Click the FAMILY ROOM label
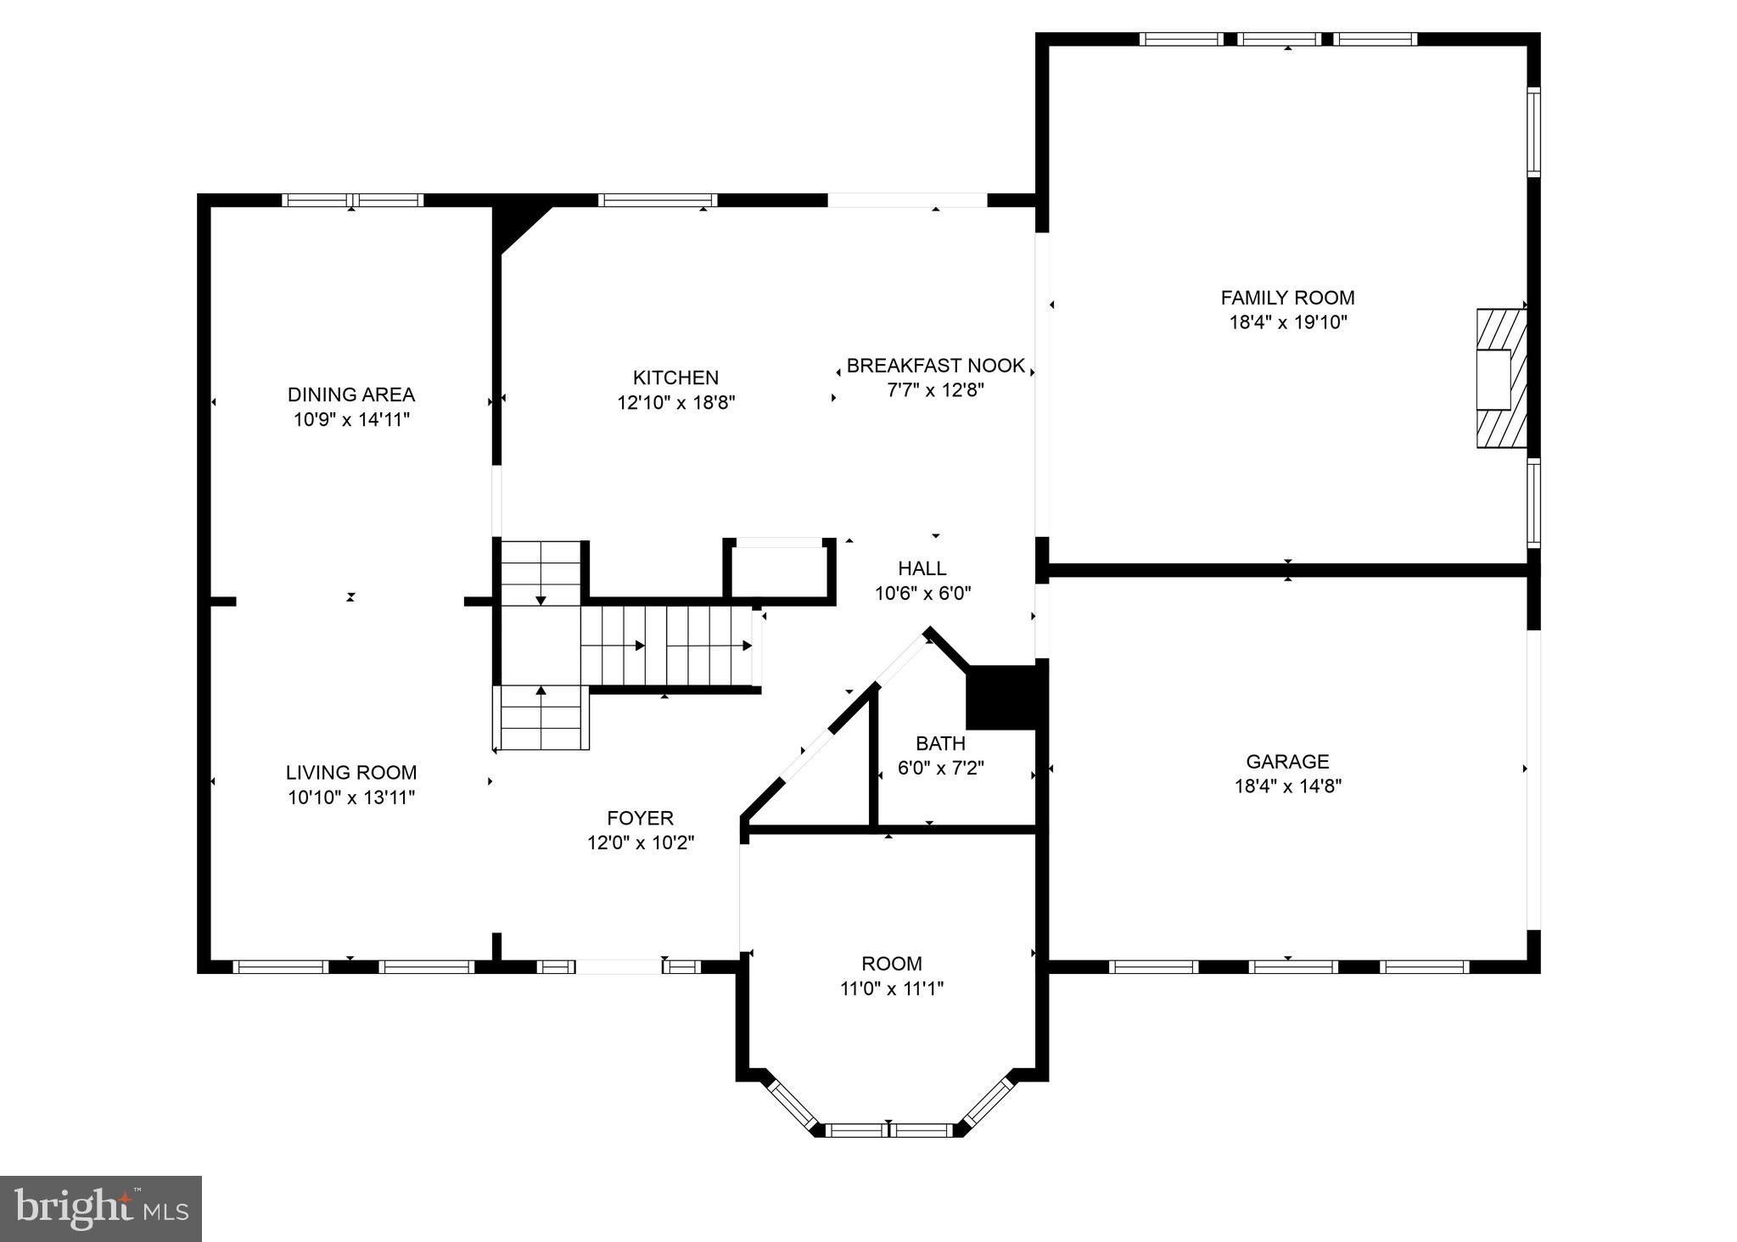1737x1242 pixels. [1286, 298]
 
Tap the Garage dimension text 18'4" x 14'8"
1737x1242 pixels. [1286, 786]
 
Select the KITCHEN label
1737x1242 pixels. [675, 378]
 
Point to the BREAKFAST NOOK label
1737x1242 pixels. [935, 366]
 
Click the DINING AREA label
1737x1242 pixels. [350, 394]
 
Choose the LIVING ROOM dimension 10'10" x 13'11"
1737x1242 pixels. [350, 797]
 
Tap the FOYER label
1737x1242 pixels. [640, 818]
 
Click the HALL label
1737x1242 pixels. [922, 568]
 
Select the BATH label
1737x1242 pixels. [940, 744]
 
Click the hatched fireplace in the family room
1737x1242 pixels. [1500, 378]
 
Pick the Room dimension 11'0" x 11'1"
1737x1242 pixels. [891, 988]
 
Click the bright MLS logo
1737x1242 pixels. [100, 1208]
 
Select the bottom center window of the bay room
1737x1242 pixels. [888, 1130]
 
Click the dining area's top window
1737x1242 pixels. [351, 200]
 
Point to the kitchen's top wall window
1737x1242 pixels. [658, 200]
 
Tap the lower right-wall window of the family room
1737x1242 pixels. [1533, 502]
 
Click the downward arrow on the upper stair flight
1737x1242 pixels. [541, 600]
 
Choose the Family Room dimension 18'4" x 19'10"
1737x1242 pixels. [1286, 322]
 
